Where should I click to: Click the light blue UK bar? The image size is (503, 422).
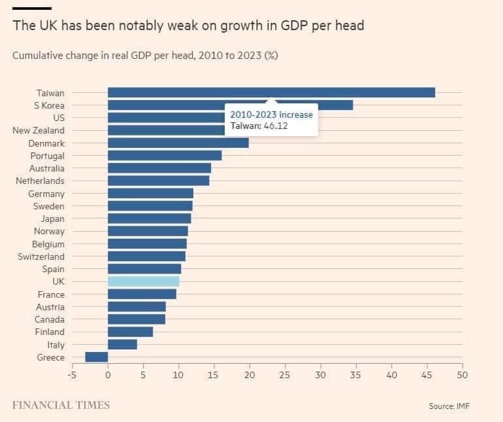tap(143, 281)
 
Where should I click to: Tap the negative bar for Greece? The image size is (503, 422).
tap(97, 357)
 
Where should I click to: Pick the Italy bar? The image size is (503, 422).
tap(122, 344)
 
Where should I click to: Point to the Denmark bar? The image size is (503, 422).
tap(178, 143)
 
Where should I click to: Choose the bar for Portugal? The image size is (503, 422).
tap(165, 155)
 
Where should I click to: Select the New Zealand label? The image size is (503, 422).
tap(39, 130)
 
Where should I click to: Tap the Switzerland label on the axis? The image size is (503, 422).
tap(41, 256)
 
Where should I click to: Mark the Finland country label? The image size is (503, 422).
tap(50, 332)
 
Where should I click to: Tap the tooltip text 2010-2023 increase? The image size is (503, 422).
tap(271, 114)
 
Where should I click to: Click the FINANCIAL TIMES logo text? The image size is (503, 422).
tap(61, 405)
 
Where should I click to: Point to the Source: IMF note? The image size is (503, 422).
tap(449, 406)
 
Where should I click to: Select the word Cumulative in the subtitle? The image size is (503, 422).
tap(37, 56)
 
